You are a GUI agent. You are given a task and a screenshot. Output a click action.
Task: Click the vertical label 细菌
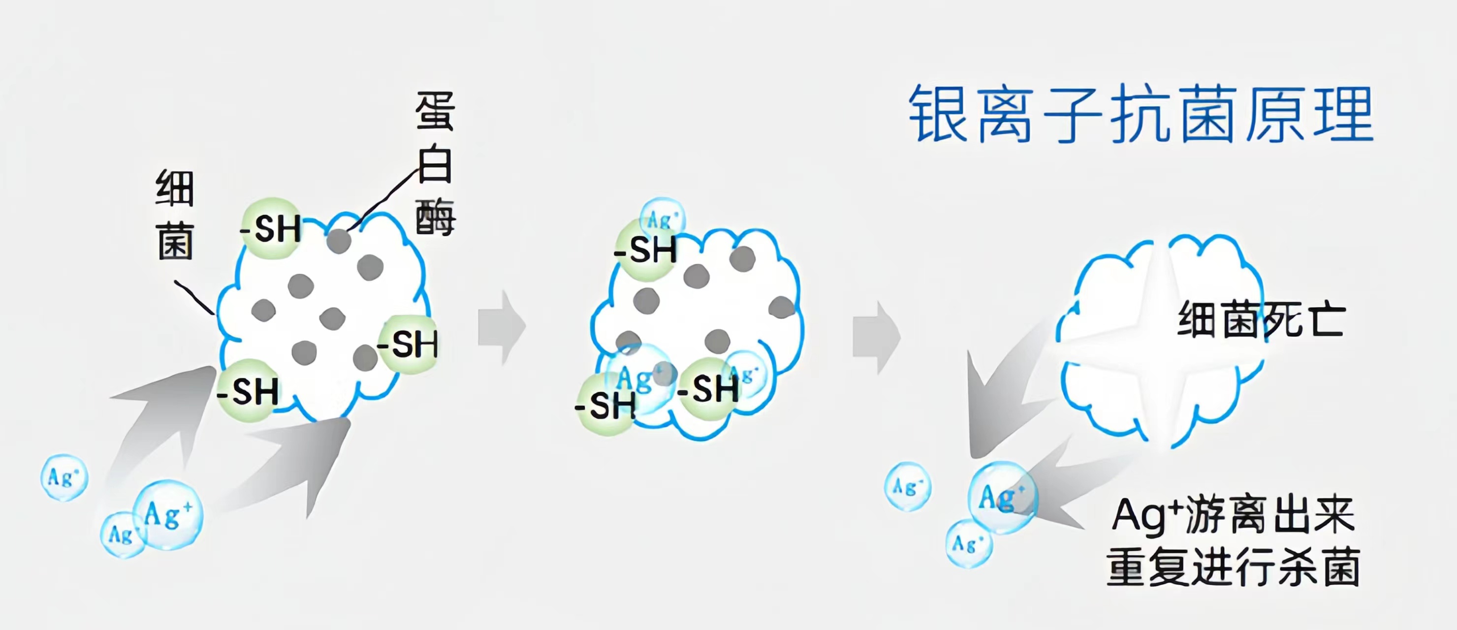click(175, 215)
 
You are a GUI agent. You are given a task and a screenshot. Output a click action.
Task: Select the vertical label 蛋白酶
click(435, 164)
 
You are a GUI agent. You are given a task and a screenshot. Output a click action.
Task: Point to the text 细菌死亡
click(1261, 320)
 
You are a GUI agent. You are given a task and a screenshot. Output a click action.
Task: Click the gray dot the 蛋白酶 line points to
click(339, 241)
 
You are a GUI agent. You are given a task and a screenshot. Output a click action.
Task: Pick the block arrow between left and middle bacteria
click(501, 327)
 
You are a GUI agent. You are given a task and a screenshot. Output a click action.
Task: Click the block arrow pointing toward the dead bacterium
click(876, 338)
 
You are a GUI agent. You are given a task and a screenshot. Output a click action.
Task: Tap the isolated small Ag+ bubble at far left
click(64, 478)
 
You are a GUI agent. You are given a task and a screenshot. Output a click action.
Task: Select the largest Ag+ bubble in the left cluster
click(168, 515)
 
